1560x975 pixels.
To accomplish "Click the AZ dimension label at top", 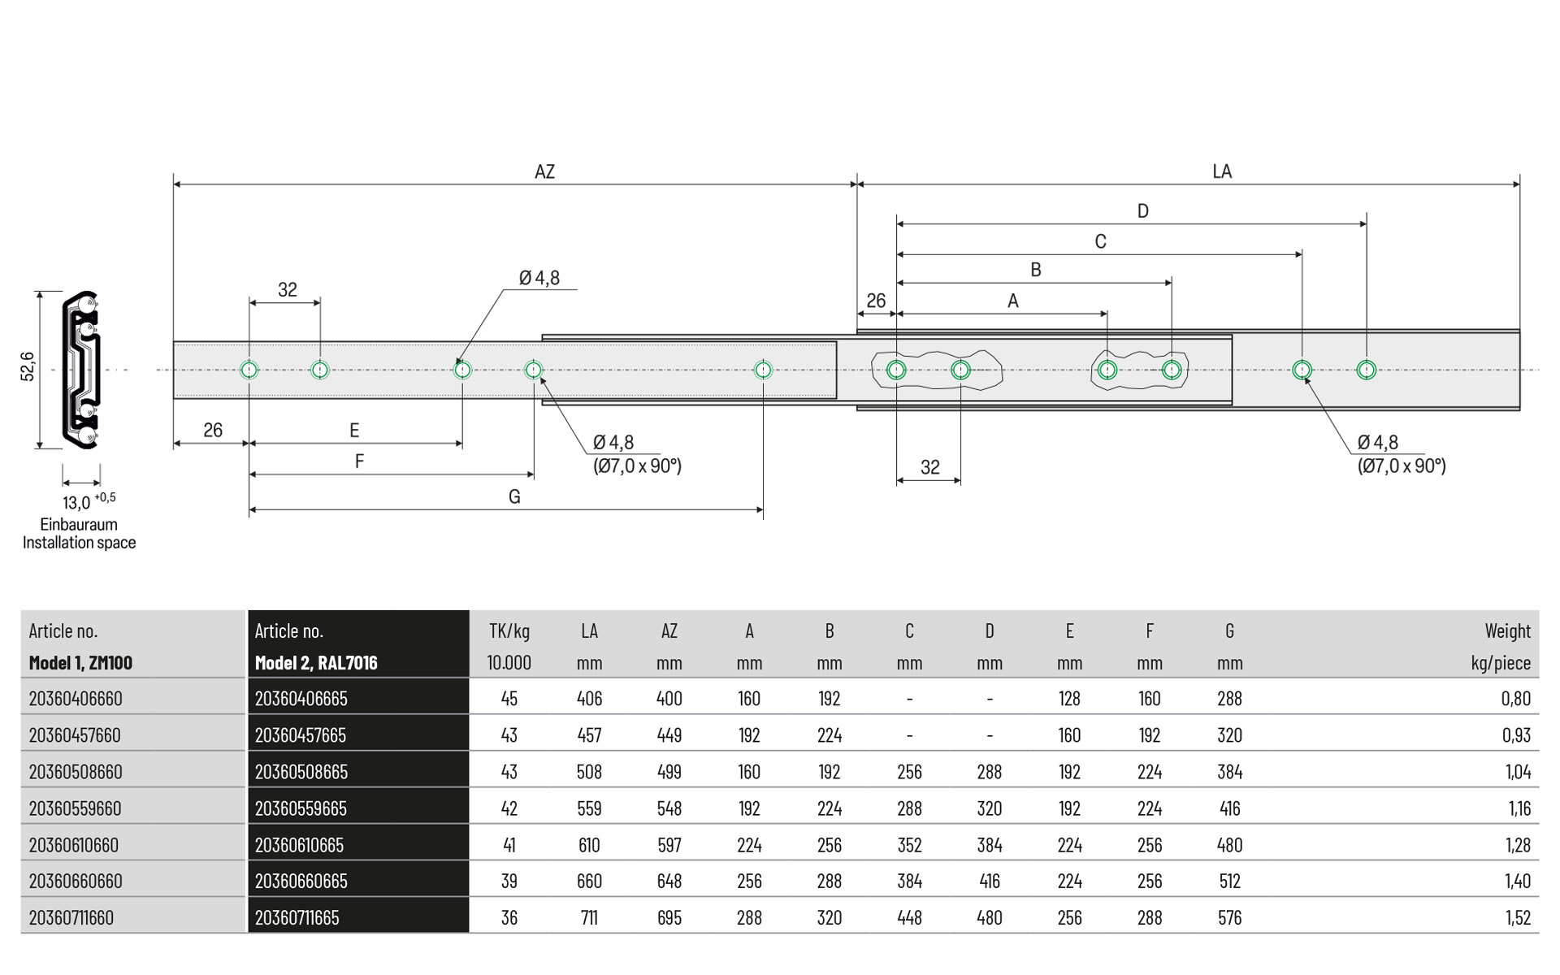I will pos(544,171).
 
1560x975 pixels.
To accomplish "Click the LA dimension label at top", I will pos(1221,171).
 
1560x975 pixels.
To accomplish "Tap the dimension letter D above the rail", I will pos(1142,211).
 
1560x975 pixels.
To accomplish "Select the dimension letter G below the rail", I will pos(514,496).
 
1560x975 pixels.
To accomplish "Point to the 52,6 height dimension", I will pos(28,366).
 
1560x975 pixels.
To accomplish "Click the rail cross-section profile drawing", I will pos(81,370).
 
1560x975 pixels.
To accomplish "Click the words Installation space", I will pos(79,543).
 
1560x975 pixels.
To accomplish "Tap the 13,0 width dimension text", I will pos(77,503).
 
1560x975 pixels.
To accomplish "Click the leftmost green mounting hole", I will pos(249,370).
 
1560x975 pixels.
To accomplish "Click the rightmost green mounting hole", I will pos(1366,370).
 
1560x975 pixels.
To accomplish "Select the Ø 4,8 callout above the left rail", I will pos(539,278).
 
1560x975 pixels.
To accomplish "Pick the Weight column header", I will pos(1507,631).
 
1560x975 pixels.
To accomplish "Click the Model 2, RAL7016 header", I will pos(316,663).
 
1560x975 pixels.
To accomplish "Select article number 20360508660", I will pos(76,772).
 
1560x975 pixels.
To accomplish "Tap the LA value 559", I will pos(589,808).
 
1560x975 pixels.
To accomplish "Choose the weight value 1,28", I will pos(1517,845).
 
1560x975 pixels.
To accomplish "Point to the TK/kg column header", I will pos(509,631).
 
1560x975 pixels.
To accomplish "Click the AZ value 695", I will pos(669,918).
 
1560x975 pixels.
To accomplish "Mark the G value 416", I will pos(1229,808).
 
